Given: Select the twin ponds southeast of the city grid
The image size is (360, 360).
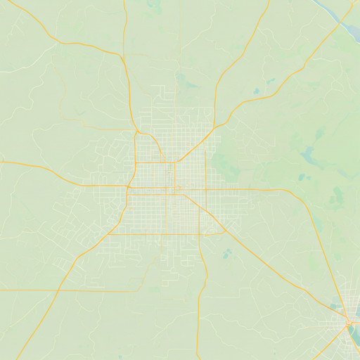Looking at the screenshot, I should tap(226, 253).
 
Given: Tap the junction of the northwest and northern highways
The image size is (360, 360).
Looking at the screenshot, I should tap(122, 56).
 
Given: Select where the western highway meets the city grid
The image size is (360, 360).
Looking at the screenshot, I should tap(128, 186).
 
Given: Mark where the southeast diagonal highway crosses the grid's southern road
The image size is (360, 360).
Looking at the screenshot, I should tap(224, 233).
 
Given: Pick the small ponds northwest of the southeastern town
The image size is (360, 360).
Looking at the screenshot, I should tap(333, 306).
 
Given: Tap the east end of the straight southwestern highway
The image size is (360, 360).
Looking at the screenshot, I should tap(138, 291).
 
